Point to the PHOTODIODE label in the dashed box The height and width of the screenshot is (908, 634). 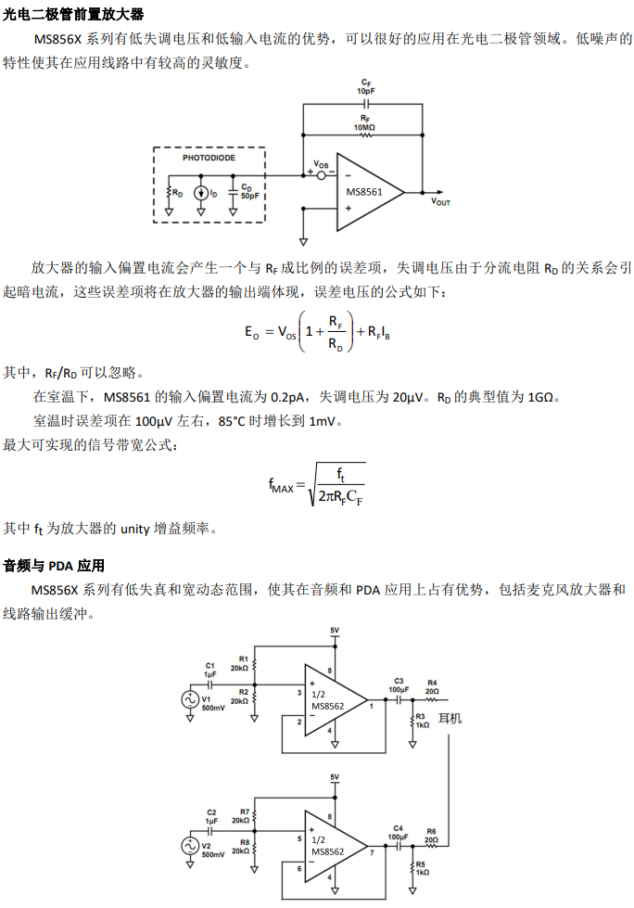click(x=209, y=158)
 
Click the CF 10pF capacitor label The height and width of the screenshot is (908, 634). click(x=366, y=87)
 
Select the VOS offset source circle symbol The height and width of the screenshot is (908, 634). click(x=322, y=173)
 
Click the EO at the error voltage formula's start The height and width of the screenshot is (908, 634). click(x=251, y=332)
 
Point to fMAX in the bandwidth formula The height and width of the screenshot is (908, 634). click(x=280, y=485)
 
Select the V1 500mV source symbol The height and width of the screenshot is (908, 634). click(x=192, y=700)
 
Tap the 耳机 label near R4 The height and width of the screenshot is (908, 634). click(x=450, y=719)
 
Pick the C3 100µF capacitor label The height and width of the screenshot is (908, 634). click(x=399, y=685)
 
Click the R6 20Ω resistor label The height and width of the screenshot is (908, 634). click(x=431, y=835)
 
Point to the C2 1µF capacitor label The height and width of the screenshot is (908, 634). click(x=211, y=816)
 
